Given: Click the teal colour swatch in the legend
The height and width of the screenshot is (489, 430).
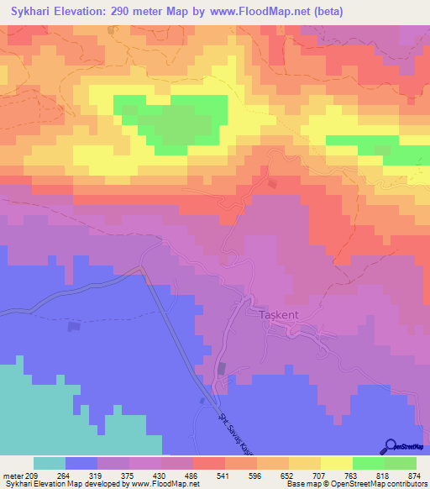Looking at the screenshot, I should pos(50,463).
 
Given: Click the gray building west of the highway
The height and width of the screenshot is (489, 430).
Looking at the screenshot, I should pos(74,326).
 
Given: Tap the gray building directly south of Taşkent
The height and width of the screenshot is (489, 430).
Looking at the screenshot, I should pos(222,368).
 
